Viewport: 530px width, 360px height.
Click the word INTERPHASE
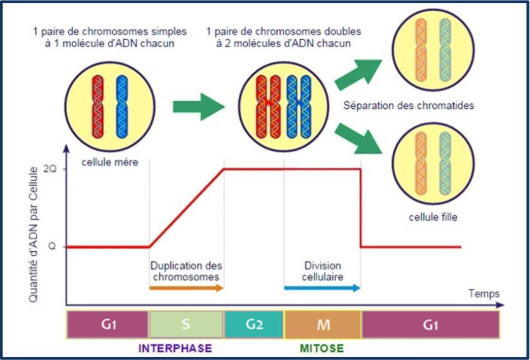(175, 349)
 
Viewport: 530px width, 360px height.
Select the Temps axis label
(483, 293)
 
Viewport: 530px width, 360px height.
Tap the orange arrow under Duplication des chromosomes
(186, 288)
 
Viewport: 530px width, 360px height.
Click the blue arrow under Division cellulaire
(321, 288)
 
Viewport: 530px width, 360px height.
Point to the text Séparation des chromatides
(409, 106)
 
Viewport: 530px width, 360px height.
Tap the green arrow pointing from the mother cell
(198, 106)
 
